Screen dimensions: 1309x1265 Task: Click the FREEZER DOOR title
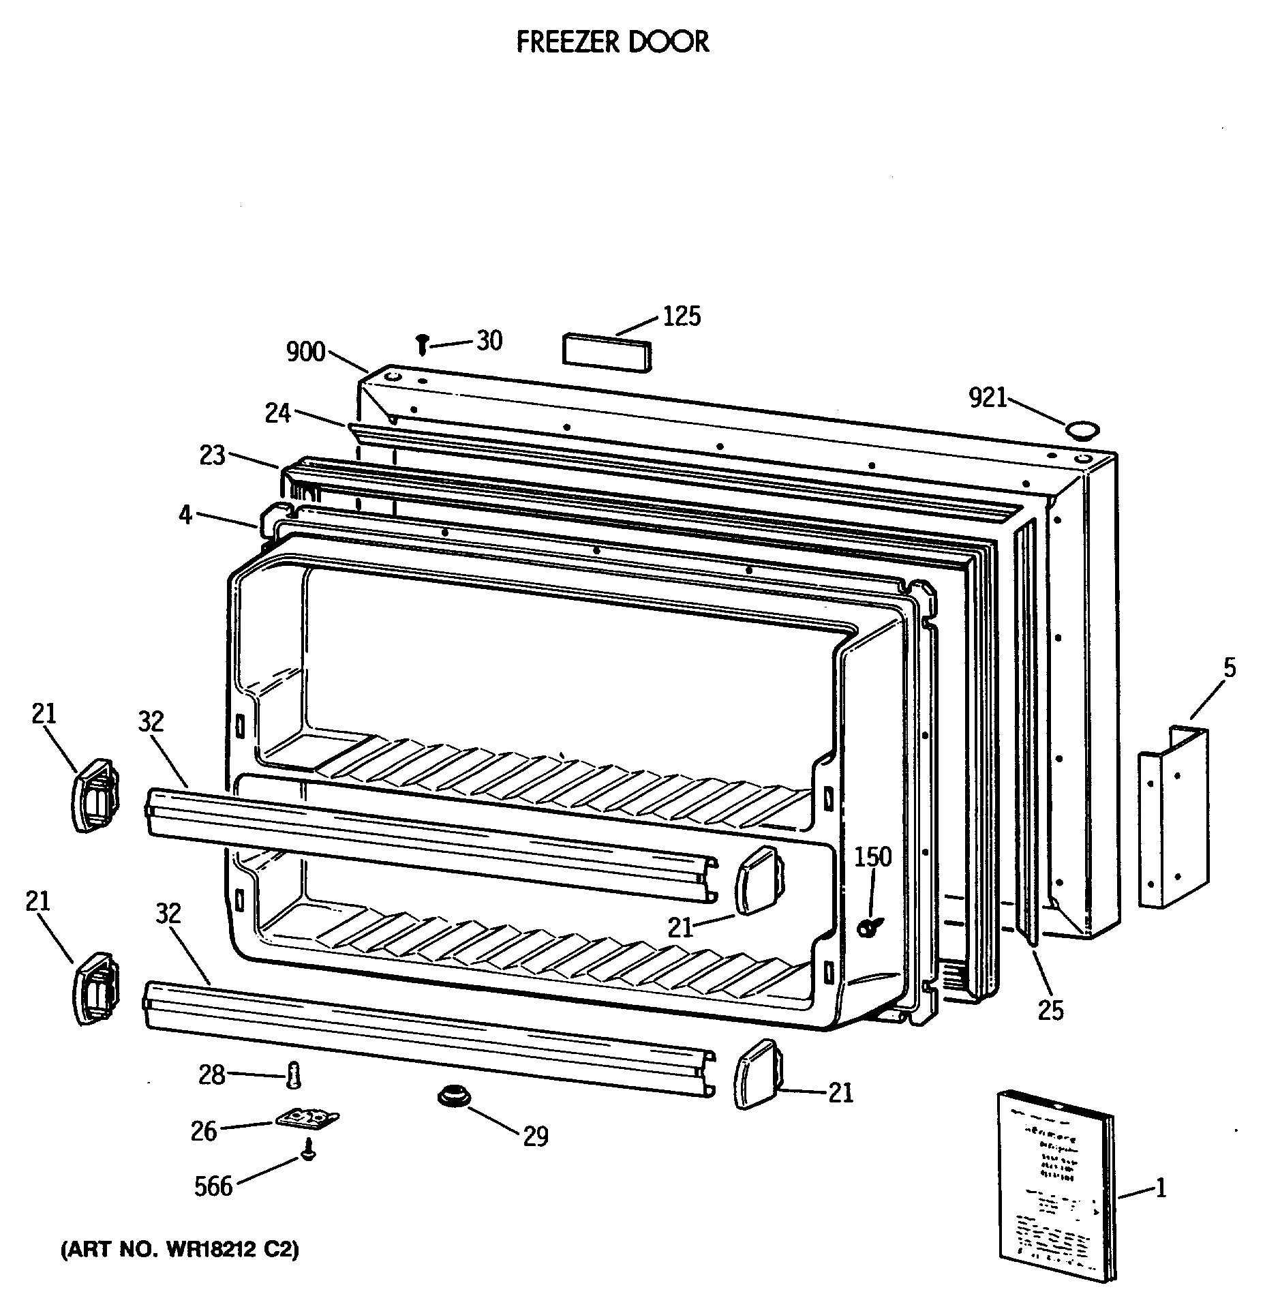[612, 42]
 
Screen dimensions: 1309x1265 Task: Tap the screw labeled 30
[422, 345]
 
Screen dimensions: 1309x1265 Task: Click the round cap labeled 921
[1082, 430]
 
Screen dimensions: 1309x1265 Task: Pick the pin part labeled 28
[294, 1075]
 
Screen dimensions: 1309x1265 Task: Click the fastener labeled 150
[868, 927]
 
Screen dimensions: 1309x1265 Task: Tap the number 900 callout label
[305, 352]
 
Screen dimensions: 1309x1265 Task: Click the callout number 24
[277, 413]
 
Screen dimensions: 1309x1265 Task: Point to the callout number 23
[212, 455]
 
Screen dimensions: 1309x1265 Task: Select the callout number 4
[185, 515]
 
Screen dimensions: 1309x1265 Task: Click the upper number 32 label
[151, 721]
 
